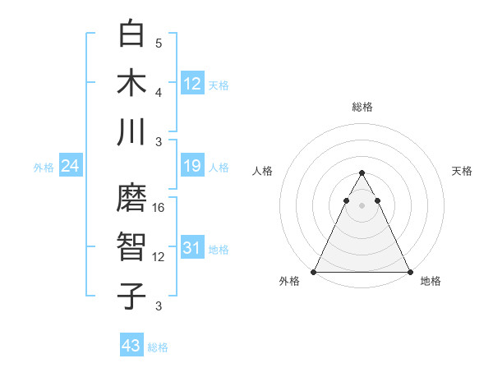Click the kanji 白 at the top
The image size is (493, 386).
click(132, 33)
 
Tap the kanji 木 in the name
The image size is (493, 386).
click(132, 82)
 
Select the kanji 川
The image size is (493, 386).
click(132, 131)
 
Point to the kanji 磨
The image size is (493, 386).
click(132, 197)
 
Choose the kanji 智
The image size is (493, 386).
click(132, 246)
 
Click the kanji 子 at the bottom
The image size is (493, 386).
click(132, 296)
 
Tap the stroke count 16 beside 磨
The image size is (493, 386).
click(159, 208)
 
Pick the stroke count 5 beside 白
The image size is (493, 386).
click(159, 43)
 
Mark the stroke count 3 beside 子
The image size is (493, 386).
click(159, 306)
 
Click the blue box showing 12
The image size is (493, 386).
click(192, 83)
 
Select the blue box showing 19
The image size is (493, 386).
click(192, 167)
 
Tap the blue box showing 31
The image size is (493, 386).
click(192, 249)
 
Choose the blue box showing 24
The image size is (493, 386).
click(71, 167)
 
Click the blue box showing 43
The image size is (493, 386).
click(131, 346)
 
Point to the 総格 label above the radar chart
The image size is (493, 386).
click(362, 107)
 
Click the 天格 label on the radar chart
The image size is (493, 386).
click(462, 171)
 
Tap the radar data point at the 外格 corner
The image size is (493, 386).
click(314, 272)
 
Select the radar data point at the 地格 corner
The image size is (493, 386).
click(410, 272)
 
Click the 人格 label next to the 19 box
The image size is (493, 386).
click(219, 168)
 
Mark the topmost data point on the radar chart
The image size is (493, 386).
click(362, 173)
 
